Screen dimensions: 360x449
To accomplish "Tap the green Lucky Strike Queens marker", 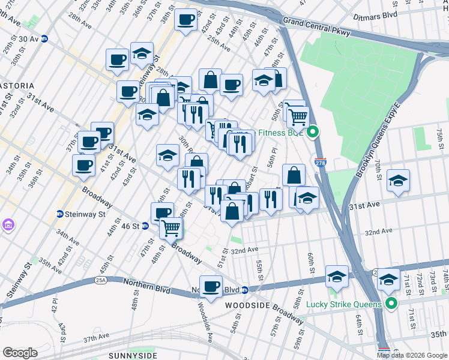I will (391, 304).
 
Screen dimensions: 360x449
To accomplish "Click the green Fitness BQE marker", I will (312, 132).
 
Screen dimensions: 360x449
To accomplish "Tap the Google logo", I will (20, 352).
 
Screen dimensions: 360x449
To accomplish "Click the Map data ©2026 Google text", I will (412, 355).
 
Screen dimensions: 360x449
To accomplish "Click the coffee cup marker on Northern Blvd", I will (211, 286).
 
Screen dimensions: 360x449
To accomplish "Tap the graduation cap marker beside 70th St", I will (399, 181).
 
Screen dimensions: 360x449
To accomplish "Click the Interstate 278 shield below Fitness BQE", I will (320, 162).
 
